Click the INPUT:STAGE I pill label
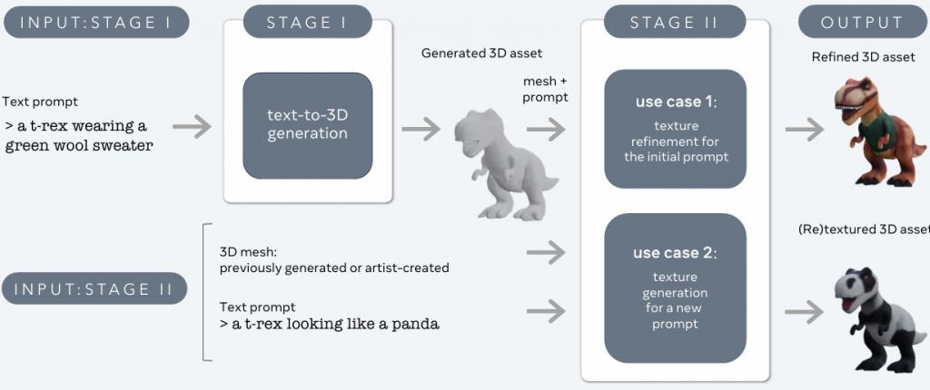pos(96,22)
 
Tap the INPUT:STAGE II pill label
pos(96,289)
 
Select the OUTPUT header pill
pos(862,22)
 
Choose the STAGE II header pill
pos(674,22)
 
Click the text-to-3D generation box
pos(307,125)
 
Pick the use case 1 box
pos(675,129)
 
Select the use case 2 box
pos(675,285)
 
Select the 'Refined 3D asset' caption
pos(863,58)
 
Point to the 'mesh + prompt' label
pos(546,89)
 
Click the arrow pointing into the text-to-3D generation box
pos(192,127)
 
